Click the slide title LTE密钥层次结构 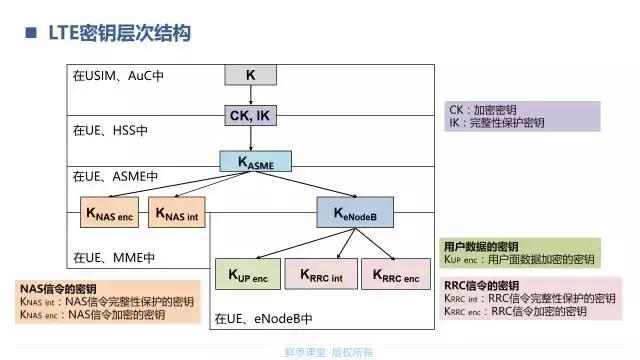pyautogui.click(x=116, y=35)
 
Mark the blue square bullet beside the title pyautogui.click(x=27, y=35)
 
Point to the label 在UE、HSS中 pyautogui.click(x=110, y=129)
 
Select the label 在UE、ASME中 pyautogui.click(x=115, y=176)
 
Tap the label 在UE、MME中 pyautogui.click(x=113, y=257)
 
